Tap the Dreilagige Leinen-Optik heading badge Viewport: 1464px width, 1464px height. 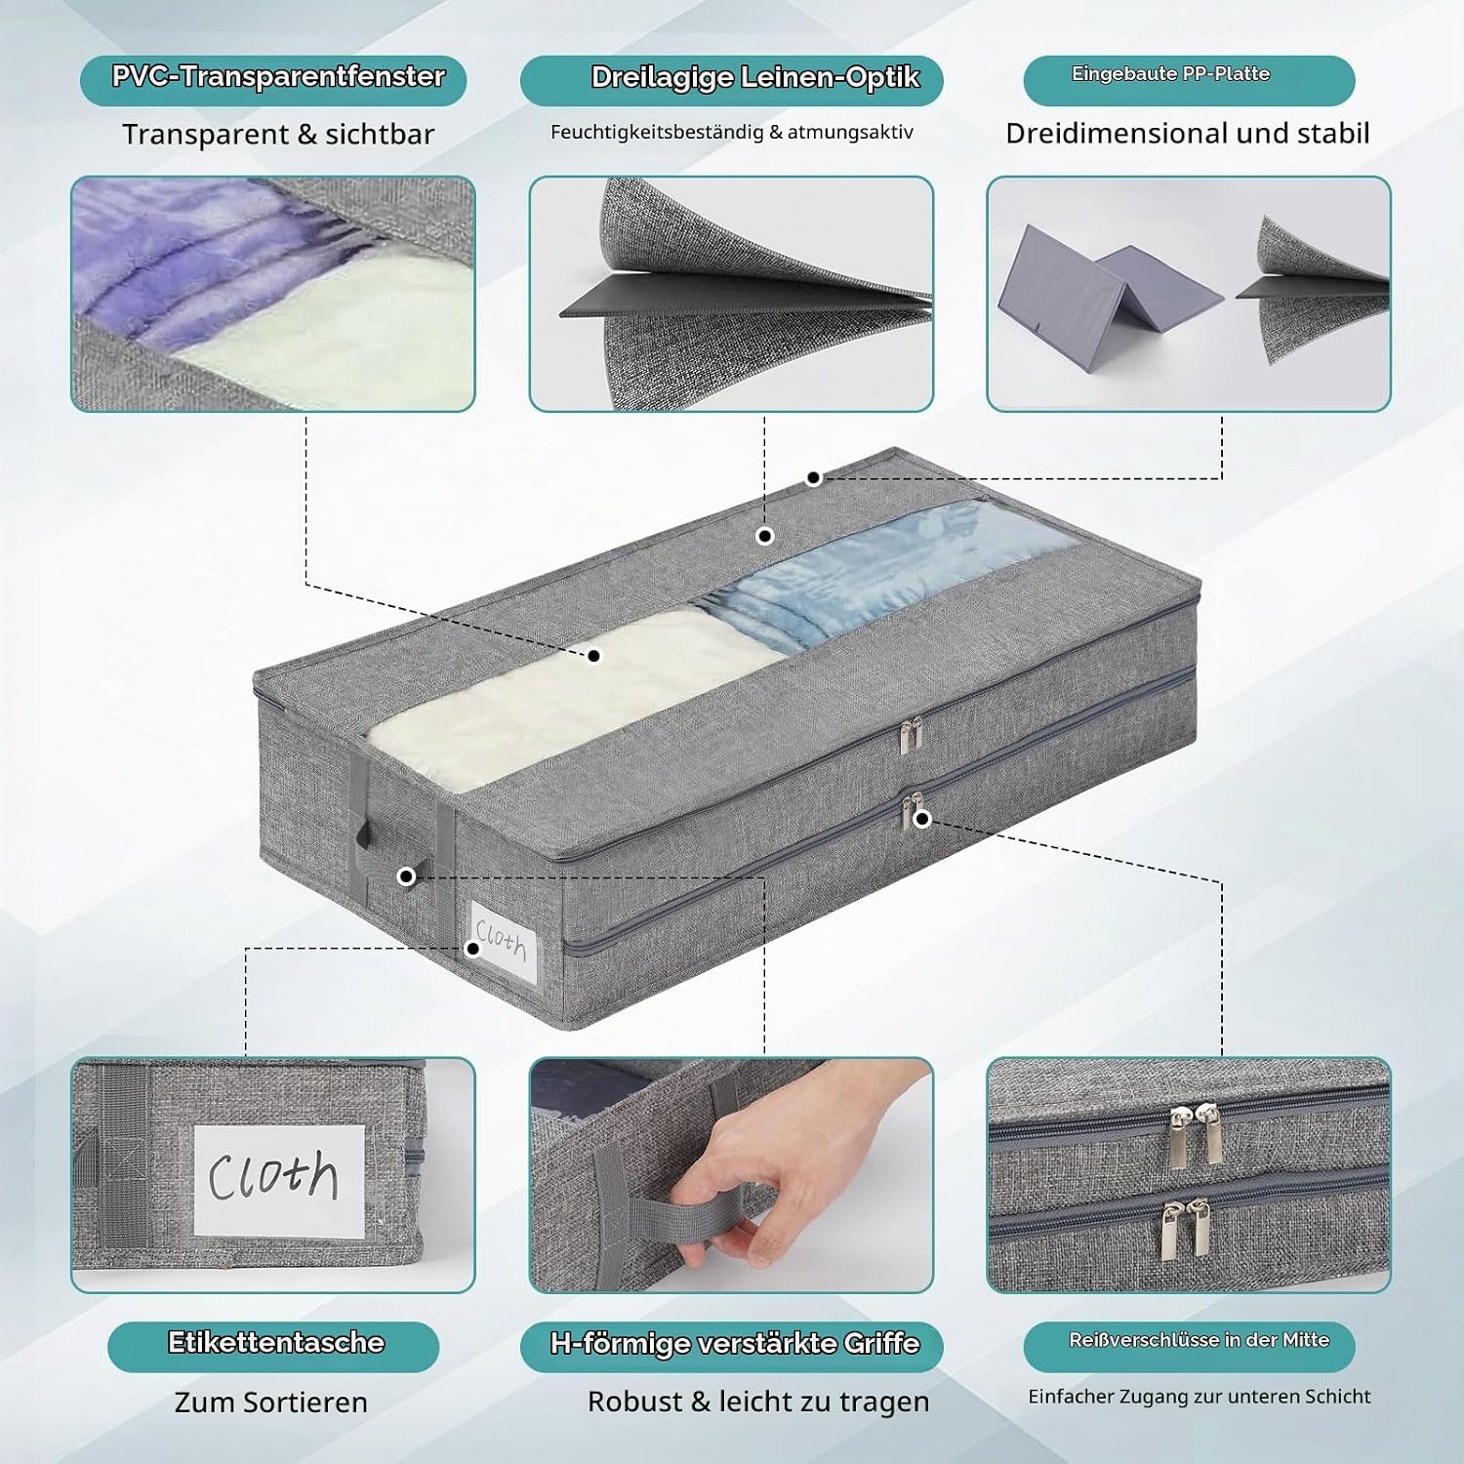click(732, 80)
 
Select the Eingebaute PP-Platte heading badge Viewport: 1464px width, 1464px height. click(1189, 80)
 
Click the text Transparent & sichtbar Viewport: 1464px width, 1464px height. click(278, 135)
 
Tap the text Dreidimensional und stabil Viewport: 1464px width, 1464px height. click(1188, 134)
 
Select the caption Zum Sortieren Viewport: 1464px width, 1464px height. click(271, 1403)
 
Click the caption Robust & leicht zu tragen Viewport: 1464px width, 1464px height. click(758, 1402)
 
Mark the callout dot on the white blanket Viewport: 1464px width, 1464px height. click(593, 656)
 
